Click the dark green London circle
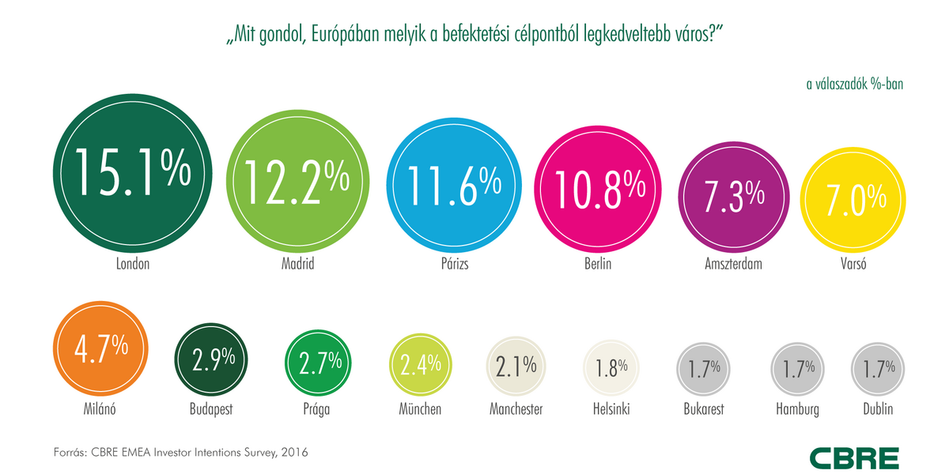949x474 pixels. click(133, 174)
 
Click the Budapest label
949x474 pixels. click(210, 409)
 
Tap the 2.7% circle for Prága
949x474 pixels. click(316, 363)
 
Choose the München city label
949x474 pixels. click(420, 409)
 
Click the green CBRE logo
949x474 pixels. click(853, 457)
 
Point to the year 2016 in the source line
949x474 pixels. click(293, 453)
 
